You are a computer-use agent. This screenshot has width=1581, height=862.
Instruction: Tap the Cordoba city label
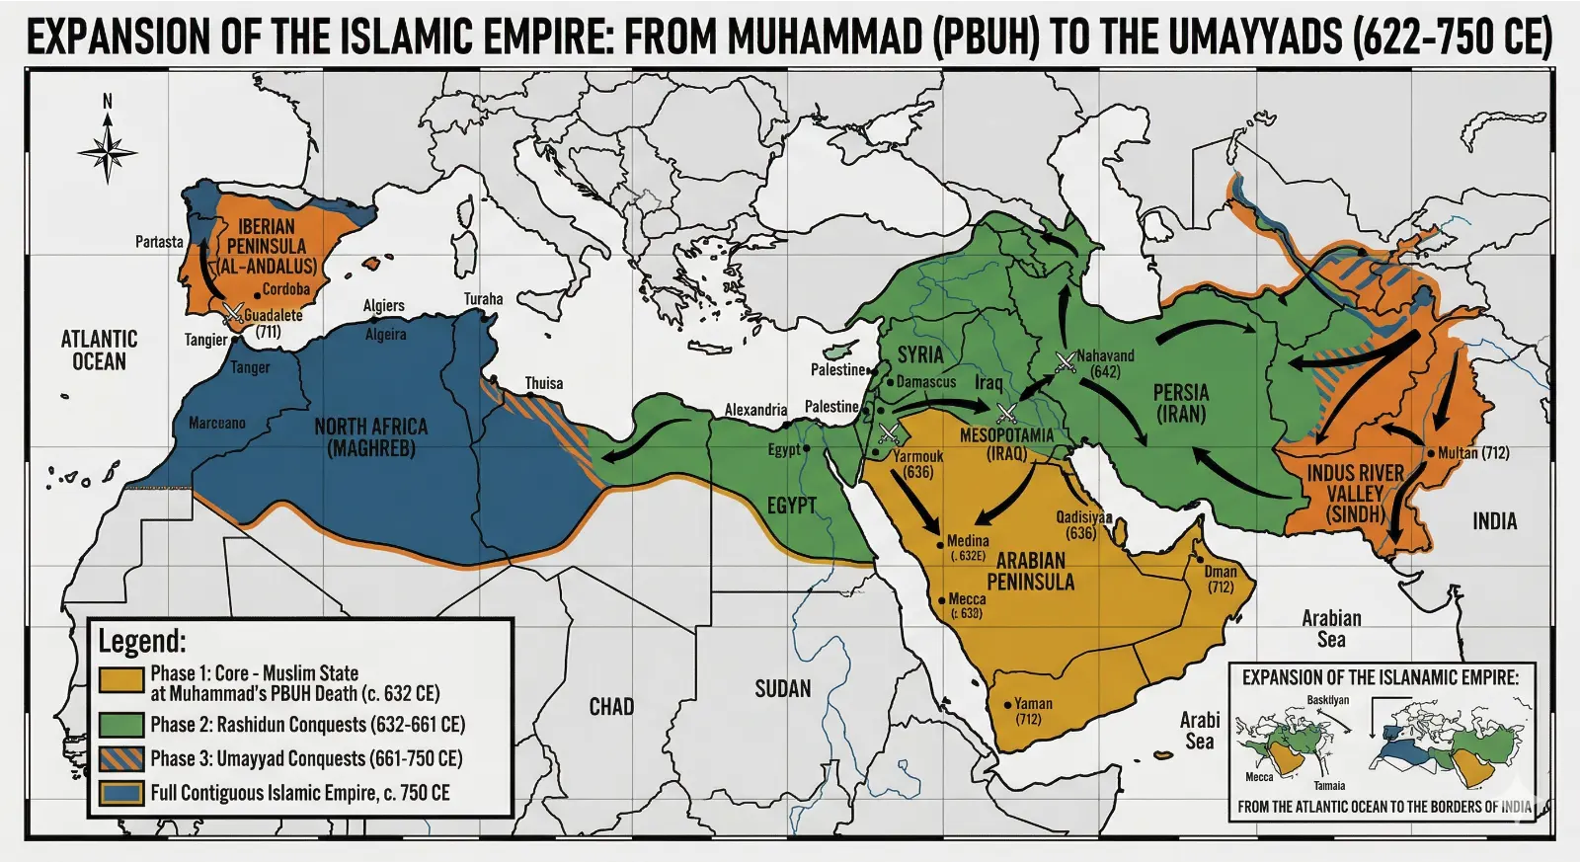286,290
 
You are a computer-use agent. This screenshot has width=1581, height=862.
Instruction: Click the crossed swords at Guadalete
233,314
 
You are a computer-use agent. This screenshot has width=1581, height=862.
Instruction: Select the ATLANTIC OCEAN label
99,351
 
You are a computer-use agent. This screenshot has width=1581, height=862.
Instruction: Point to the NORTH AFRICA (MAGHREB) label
371,437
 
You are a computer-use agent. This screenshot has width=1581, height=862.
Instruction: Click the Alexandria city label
755,410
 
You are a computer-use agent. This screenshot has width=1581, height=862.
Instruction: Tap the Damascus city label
925,382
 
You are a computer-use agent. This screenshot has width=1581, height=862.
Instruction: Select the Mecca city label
967,599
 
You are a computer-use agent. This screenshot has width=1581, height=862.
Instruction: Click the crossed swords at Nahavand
1065,362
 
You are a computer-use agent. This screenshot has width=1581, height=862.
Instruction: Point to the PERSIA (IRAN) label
1181,403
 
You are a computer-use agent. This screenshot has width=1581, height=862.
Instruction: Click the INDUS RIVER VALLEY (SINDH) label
1355,494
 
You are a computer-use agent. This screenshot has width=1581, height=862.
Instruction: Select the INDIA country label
1494,521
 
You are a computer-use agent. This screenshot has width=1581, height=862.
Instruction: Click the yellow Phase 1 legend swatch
121,680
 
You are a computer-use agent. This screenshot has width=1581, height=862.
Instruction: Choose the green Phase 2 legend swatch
121,725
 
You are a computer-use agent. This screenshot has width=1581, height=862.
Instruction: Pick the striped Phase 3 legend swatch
121,758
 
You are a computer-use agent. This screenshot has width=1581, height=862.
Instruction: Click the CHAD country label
611,707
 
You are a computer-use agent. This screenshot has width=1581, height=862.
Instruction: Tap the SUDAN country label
783,689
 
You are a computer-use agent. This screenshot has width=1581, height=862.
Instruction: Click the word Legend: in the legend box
141,642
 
